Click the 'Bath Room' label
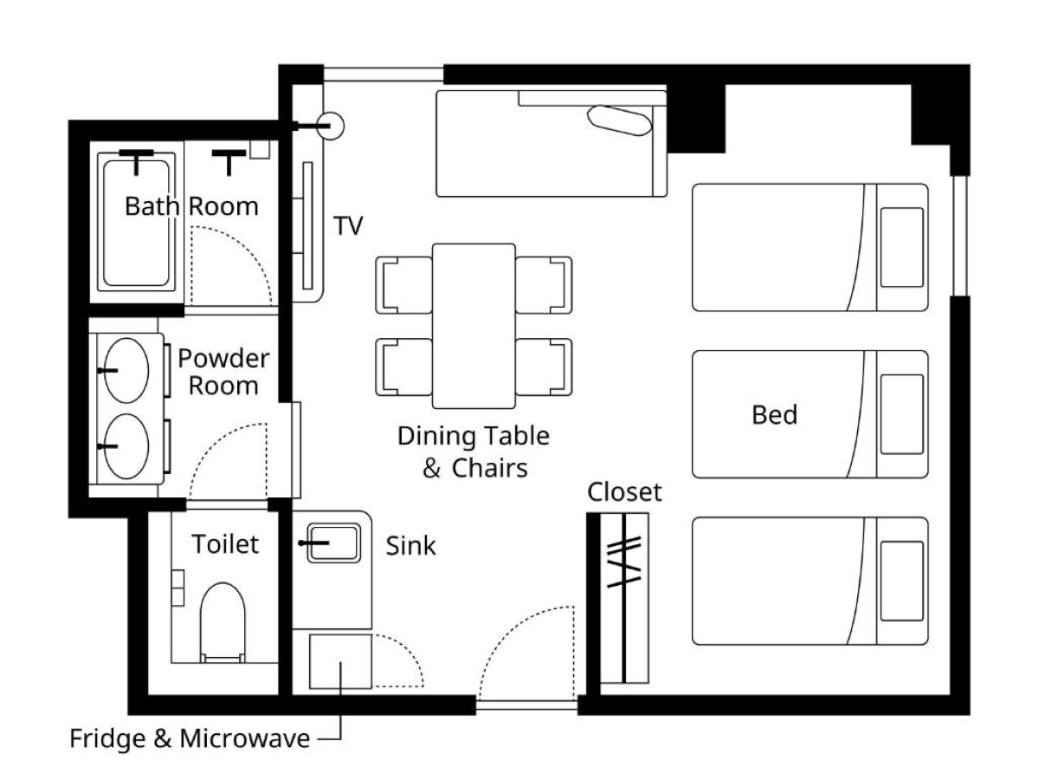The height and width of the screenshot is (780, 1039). click(191, 206)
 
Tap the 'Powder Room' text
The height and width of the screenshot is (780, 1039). click(223, 372)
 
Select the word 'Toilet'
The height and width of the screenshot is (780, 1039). click(225, 543)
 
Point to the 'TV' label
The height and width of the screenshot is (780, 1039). click(348, 225)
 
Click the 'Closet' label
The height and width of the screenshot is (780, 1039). click(624, 492)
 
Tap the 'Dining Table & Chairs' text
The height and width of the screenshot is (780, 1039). click(474, 452)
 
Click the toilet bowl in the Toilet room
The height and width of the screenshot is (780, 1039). click(223, 621)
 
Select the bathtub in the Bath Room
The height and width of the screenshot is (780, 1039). click(136, 223)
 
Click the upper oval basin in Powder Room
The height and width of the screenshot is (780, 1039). click(126, 370)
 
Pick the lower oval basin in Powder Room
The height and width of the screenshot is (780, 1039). click(126, 446)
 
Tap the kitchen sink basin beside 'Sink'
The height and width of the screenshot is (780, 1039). click(333, 543)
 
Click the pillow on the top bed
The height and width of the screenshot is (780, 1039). click(901, 247)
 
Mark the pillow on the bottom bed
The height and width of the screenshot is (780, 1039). click(901, 581)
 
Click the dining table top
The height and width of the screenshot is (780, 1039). click(474, 326)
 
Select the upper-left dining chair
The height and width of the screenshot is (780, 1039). click(403, 285)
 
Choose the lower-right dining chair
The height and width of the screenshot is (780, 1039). click(544, 367)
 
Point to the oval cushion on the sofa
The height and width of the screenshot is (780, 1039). click(619, 120)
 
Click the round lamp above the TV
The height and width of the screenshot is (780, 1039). click(331, 126)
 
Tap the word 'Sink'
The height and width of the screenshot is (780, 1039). click(410, 546)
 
